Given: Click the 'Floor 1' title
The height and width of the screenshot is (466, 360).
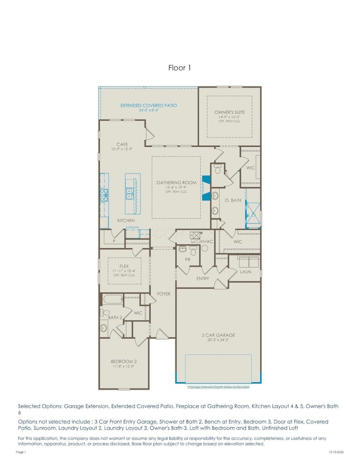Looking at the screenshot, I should [179, 68].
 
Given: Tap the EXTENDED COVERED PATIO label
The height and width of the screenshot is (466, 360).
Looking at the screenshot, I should [149, 105].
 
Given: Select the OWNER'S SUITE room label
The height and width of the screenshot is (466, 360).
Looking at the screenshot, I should [229, 113].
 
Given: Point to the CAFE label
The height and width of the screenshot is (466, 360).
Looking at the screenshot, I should [122, 145].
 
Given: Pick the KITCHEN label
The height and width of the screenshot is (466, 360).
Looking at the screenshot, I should [126, 221].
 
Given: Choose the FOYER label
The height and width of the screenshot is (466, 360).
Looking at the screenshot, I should [163, 293].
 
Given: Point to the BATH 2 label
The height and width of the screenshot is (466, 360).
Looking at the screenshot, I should [115, 317].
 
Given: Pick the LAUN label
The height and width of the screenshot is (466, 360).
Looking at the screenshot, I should [245, 272].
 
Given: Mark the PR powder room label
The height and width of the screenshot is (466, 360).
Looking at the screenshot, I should [188, 259].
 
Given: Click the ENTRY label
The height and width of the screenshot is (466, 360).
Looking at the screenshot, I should [203, 279].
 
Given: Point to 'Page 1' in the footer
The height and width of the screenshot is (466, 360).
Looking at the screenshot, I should [21, 453].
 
